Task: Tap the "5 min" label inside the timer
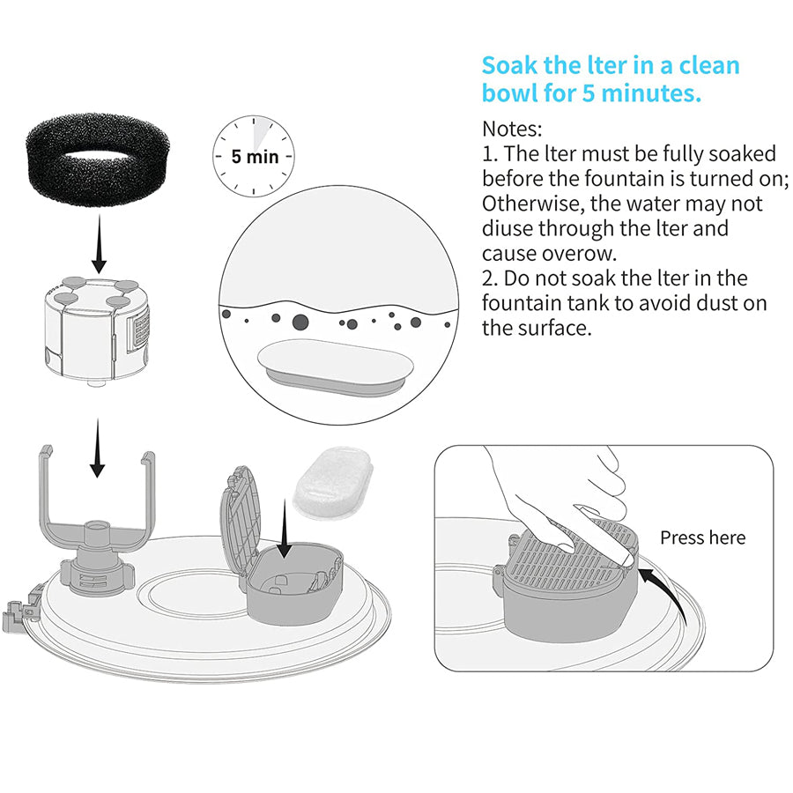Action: click(x=254, y=158)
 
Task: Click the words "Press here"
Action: click(x=702, y=537)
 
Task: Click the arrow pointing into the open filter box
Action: click(x=285, y=532)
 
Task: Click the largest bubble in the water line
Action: click(x=301, y=322)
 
